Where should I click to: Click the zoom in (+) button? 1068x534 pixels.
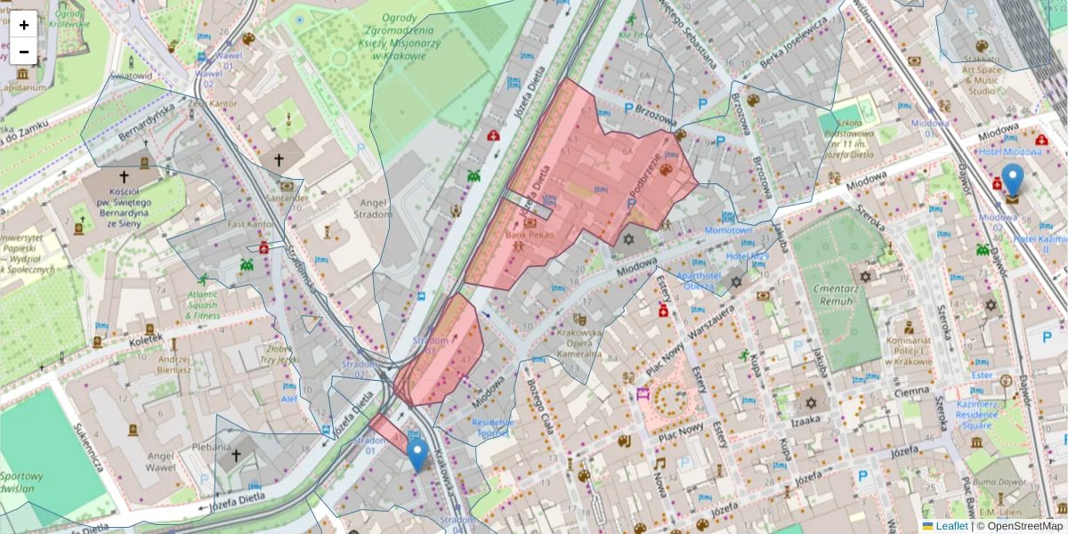pyautogui.click(x=24, y=25)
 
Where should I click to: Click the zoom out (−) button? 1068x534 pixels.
pyautogui.click(x=24, y=52)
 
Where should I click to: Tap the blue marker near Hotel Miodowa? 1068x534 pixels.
pyautogui.click(x=1012, y=179)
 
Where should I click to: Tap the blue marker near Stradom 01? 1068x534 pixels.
pyautogui.click(x=417, y=454)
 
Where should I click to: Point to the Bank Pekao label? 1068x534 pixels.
pyautogui.click(x=530, y=235)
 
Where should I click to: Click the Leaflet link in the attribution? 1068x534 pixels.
pyautogui.click(x=951, y=526)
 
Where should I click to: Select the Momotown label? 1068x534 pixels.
pyautogui.click(x=728, y=230)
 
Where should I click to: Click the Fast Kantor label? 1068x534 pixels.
pyautogui.click(x=249, y=224)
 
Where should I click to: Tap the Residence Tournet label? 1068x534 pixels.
pyautogui.click(x=493, y=427)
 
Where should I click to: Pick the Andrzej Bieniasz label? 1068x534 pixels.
pyautogui.click(x=174, y=364)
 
